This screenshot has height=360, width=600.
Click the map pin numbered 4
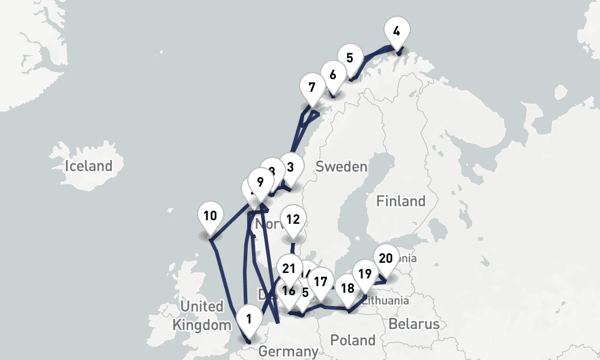(396, 31)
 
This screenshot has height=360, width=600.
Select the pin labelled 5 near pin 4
(349, 58)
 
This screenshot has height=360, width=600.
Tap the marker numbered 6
(333, 75)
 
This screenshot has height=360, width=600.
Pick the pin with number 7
(311, 88)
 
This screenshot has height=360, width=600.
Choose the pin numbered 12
(293, 220)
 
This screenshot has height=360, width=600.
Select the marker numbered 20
(386, 259)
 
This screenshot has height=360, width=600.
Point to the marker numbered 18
(347, 287)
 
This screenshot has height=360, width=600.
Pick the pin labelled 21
(290, 269)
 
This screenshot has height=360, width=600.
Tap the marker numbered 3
(291, 167)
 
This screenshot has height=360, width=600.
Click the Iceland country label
(89, 166)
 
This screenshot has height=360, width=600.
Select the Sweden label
(341, 166)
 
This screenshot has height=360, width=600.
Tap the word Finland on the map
(401, 201)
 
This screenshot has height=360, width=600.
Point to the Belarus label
(413, 325)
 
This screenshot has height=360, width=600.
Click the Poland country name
(353, 340)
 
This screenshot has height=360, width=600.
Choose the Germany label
(289, 352)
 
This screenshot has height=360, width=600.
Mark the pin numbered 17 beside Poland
(321, 281)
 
